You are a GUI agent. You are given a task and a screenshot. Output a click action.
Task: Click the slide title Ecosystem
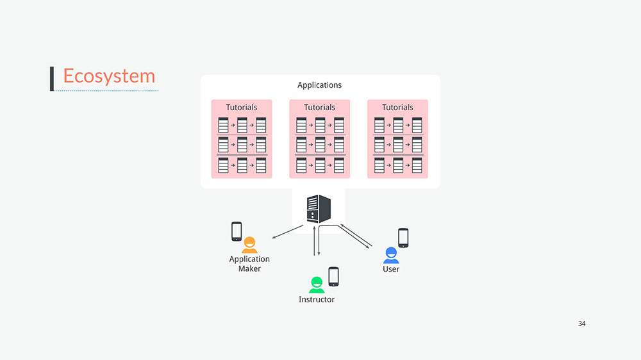point(109,76)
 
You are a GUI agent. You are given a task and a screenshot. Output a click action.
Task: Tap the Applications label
point(319,85)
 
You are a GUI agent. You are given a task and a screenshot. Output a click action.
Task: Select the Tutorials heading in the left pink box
point(242,108)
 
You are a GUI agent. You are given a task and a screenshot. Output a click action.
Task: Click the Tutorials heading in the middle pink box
point(319,108)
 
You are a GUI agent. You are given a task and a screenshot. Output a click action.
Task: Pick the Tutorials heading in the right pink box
point(397,108)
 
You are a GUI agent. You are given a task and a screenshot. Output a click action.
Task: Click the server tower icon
point(319,208)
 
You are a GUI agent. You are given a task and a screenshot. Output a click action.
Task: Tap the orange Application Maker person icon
point(249,245)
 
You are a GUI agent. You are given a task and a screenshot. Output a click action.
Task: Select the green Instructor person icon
point(317,285)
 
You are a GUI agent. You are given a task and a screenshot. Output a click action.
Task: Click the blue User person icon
point(391,256)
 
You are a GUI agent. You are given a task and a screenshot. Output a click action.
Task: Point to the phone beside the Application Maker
point(237,231)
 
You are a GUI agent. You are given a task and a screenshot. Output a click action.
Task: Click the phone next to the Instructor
point(333,277)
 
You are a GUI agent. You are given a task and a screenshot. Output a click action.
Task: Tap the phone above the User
point(403,238)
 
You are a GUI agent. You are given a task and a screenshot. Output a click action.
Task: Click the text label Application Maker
point(249,264)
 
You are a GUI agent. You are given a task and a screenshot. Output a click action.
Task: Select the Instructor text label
point(317,300)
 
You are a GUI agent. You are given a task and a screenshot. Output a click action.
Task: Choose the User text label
point(391,269)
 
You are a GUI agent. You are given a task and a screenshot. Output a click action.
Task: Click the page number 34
point(581,323)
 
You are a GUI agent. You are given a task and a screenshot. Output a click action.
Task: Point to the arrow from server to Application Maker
point(288,231)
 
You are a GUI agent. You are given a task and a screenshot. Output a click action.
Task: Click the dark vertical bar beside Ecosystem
point(52,78)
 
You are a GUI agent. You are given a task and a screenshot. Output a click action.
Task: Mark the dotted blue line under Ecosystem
point(106,91)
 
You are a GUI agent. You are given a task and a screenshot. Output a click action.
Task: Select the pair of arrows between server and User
point(356,236)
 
